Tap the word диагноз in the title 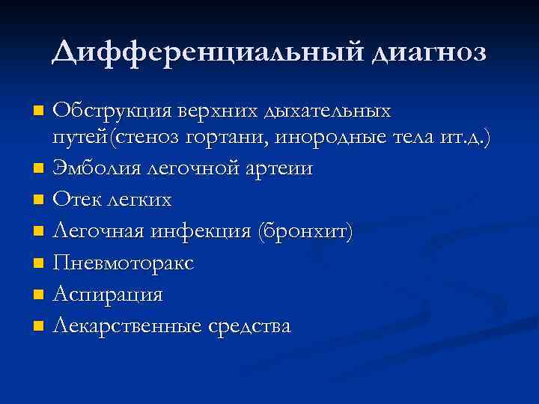[425, 52]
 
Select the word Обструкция [112, 111]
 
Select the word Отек [73, 200]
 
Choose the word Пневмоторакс [124, 263]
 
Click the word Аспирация [108, 295]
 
